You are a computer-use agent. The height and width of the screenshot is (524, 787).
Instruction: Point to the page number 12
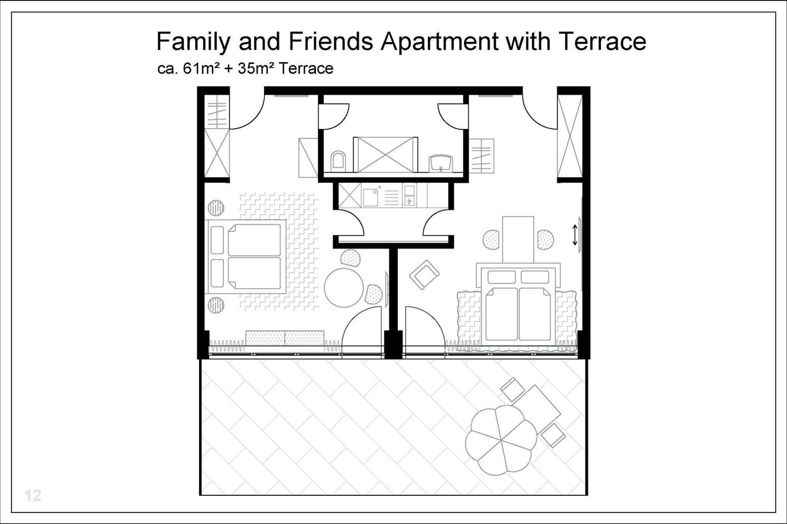point(33,495)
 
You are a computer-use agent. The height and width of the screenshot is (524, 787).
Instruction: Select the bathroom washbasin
point(441,162)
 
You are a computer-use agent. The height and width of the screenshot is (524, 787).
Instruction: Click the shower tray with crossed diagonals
point(385,155)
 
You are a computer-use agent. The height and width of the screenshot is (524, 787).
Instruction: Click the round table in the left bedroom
point(344,287)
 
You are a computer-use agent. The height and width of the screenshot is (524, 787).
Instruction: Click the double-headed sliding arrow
point(575,235)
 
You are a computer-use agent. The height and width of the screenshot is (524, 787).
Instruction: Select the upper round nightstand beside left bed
point(216,208)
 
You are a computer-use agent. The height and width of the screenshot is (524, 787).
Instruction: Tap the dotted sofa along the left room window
point(285,338)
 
